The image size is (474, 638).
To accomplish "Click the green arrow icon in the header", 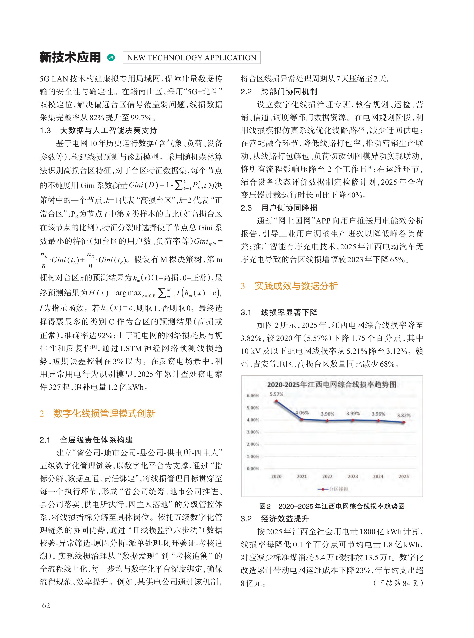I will click(111, 58).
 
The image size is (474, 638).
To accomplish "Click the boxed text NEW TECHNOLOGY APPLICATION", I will click(192, 58).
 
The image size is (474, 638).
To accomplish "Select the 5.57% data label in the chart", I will click(276, 394).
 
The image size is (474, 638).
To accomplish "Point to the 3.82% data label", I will click(403, 415).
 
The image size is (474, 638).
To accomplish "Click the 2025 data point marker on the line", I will click(404, 422).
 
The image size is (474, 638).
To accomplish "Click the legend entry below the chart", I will click(333, 489).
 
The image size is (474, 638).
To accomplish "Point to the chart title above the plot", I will click(332, 384).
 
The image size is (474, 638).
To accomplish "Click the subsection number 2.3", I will click(246, 208).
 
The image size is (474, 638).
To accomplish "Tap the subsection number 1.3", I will click(45, 131).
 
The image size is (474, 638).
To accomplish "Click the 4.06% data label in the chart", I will click(302, 413).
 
